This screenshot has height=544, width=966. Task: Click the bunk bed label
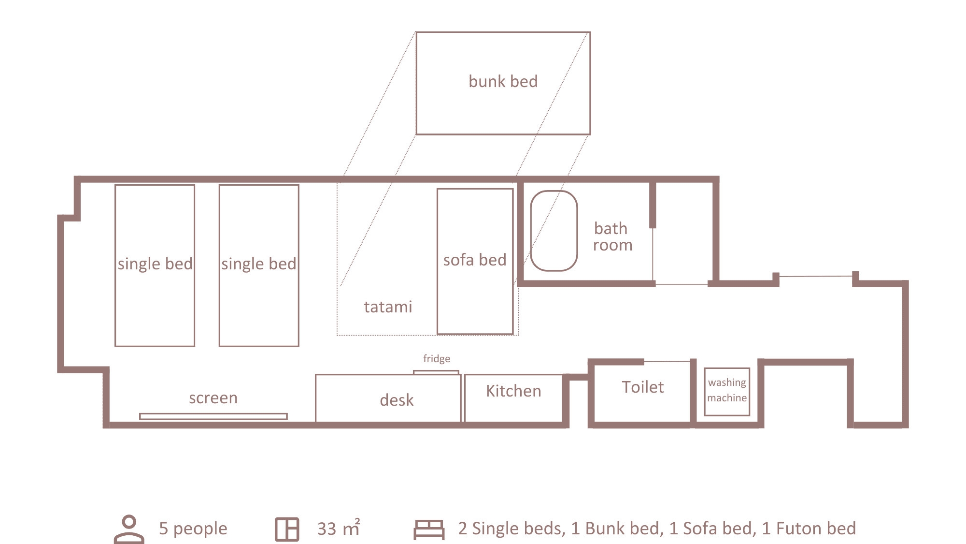(503, 81)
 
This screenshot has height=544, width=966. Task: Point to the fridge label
(437, 359)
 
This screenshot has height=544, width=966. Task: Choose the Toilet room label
(642, 387)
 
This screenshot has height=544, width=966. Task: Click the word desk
(397, 400)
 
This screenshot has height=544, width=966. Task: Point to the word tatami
(388, 307)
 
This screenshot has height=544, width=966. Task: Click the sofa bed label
(475, 260)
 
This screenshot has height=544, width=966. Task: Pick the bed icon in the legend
(429, 530)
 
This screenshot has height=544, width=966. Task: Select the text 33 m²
(339, 528)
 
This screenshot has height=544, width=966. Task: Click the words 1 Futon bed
(809, 528)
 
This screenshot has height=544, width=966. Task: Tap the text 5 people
(193, 529)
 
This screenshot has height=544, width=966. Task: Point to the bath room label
(612, 236)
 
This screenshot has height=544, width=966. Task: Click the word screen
(213, 398)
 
